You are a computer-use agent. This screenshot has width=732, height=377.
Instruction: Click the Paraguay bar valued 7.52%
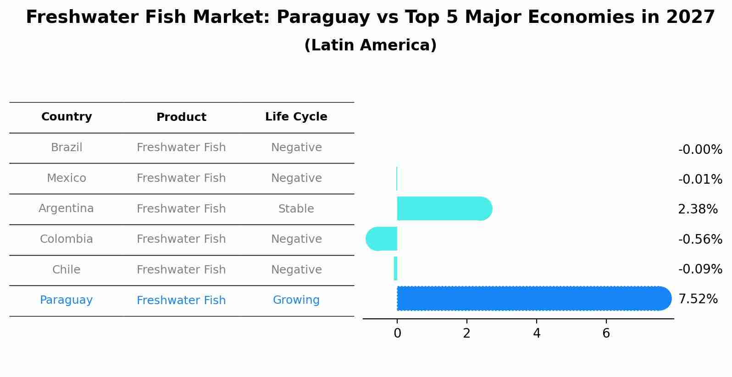tap(532, 298)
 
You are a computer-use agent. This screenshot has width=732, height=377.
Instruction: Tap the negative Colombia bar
tap(382, 239)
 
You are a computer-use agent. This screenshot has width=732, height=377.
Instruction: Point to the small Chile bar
tap(395, 268)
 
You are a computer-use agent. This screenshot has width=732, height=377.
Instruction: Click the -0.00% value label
tap(700, 150)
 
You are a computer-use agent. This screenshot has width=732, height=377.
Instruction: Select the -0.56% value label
tap(700, 239)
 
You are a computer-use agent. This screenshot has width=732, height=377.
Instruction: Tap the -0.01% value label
tap(700, 179)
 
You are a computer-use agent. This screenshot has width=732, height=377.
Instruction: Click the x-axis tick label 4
tap(536, 333)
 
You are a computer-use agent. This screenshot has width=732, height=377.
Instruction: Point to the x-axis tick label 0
tap(397, 333)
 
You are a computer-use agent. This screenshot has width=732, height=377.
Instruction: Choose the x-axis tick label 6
tap(606, 333)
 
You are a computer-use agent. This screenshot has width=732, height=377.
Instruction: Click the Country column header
tap(67, 117)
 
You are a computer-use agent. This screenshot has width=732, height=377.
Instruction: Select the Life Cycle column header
tap(296, 117)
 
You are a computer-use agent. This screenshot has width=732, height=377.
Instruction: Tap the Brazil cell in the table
tap(67, 148)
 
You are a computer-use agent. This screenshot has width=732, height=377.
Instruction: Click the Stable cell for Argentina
tap(296, 209)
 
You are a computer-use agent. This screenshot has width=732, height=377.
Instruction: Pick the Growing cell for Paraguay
tap(296, 300)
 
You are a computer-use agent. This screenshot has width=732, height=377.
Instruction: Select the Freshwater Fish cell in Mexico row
tap(181, 178)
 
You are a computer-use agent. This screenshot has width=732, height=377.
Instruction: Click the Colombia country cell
tap(67, 239)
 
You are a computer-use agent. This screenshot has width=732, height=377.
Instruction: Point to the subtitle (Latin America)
tap(370, 45)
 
